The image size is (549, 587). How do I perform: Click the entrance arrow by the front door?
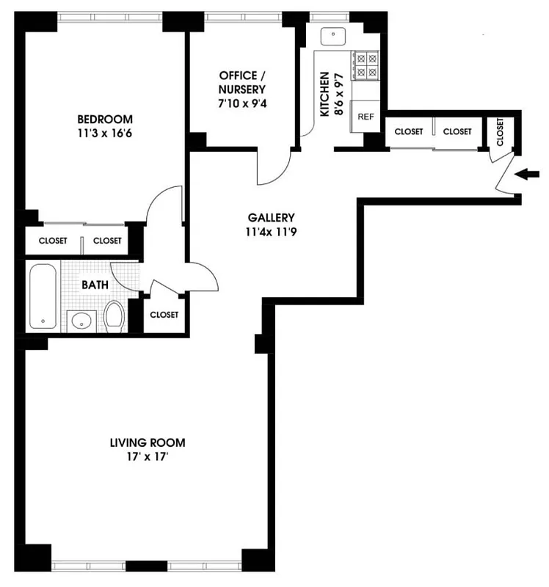click(528, 175)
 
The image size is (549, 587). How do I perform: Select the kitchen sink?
click(335, 35)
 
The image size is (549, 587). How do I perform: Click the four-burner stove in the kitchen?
click(365, 65)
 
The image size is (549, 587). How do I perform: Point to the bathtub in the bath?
click(43, 297)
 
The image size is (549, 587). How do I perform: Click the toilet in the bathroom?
click(113, 316)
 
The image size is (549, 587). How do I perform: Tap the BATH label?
click(95, 284)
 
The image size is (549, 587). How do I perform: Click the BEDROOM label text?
click(105, 120)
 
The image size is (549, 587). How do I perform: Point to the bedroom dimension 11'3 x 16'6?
click(105, 134)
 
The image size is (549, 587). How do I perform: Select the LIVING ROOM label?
click(147, 442)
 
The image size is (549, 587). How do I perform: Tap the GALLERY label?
click(271, 217)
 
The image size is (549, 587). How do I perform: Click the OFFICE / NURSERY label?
click(239, 83)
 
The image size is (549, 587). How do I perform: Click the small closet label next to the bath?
click(164, 315)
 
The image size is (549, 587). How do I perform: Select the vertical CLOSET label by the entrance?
click(500, 132)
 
